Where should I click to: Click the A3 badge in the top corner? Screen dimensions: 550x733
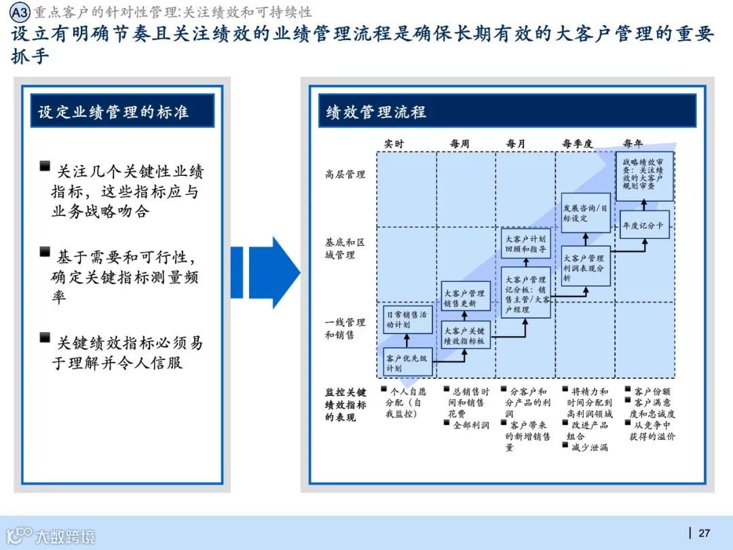pos(20,12)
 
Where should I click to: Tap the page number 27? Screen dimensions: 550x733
pos(704,532)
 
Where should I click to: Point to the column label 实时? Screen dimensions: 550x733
pos(394,144)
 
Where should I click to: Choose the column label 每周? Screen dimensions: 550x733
pos(459,144)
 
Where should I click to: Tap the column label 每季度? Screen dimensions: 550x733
pos(577,144)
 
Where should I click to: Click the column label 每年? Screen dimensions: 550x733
pos(633,144)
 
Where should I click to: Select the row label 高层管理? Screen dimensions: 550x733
pos(345,175)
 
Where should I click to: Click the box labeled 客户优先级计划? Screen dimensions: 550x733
pos(407,363)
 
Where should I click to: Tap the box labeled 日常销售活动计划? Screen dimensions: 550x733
pos(407,319)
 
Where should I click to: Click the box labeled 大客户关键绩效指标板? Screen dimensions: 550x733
pos(465,336)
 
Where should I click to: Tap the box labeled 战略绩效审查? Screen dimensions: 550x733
pos(644,176)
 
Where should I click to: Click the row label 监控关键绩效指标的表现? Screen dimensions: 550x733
pos(345,405)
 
